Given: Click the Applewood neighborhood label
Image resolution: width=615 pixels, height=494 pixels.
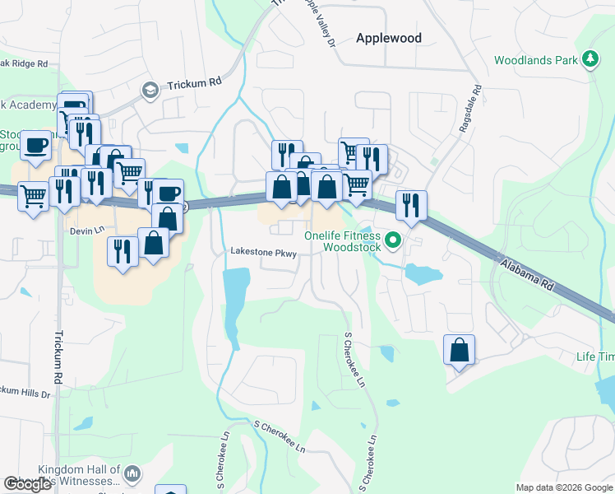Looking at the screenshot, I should pyautogui.click(x=388, y=38).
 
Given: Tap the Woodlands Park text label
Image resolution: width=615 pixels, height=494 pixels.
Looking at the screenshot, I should pyautogui.click(x=535, y=60).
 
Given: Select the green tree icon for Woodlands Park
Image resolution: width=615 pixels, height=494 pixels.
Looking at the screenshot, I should pyautogui.click(x=589, y=59).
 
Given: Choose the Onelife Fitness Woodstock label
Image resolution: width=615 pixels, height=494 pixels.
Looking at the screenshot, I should pyautogui.click(x=343, y=240).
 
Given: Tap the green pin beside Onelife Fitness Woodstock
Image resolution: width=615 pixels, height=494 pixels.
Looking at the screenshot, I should pyautogui.click(x=393, y=241).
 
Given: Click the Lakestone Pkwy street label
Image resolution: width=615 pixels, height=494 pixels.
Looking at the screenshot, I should pyautogui.click(x=262, y=252).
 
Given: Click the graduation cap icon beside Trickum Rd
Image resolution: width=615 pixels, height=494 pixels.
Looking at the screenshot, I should pyautogui.click(x=150, y=89).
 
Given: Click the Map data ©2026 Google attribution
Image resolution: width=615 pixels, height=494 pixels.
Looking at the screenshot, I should pyautogui.click(x=564, y=487).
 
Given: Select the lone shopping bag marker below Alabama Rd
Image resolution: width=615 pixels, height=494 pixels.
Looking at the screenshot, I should pyautogui.click(x=459, y=350).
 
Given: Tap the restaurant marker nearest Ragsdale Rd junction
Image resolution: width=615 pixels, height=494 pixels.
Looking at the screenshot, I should pyautogui.click(x=411, y=205).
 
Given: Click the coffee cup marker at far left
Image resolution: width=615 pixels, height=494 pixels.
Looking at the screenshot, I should pyautogui.click(x=36, y=147).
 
